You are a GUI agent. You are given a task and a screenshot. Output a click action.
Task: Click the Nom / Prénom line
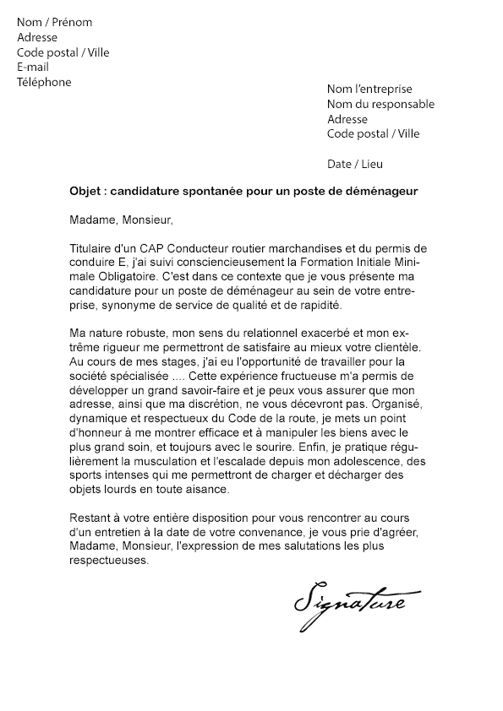55,23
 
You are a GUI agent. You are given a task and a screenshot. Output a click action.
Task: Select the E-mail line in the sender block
33,68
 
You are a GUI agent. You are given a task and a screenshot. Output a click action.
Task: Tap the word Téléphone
44,83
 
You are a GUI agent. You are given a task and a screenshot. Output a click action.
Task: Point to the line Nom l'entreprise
369,89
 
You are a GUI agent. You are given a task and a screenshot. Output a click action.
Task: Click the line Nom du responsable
380,104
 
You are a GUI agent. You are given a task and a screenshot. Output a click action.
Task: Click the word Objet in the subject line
85,192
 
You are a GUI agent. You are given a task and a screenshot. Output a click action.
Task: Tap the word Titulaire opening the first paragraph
91,248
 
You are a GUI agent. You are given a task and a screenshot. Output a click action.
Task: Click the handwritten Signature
351,603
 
